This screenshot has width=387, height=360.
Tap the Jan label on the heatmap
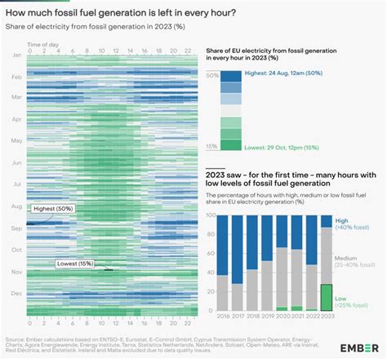click(x=16, y=55)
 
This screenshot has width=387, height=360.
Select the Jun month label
click(x=16, y=162)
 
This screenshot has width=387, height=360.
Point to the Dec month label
click(x=16, y=291)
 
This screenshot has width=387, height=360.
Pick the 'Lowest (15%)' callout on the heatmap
click(x=74, y=264)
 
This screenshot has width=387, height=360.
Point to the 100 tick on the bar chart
click(x=210, y=216)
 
